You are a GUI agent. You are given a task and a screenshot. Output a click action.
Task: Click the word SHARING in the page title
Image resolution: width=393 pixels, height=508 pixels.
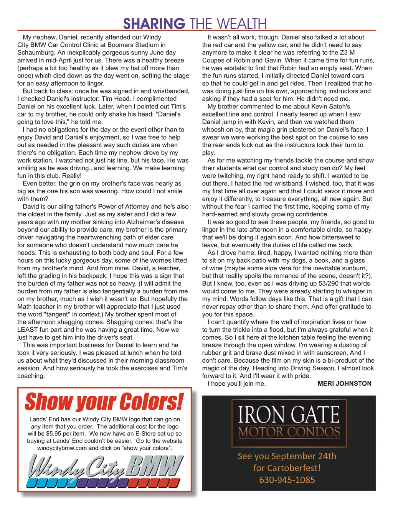154,23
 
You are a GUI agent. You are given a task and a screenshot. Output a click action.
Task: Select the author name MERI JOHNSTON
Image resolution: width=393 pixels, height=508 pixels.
344,383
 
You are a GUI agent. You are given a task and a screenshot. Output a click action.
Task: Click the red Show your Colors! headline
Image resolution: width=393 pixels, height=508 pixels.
104,402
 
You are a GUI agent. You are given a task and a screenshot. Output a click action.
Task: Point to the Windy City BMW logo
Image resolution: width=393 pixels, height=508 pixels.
104,471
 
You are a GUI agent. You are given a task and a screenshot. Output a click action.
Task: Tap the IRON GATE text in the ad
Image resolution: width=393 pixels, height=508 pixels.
289,414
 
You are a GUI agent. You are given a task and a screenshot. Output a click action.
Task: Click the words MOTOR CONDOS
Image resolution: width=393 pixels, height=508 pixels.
289,432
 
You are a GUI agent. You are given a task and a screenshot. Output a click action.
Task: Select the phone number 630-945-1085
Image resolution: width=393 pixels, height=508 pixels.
287,480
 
